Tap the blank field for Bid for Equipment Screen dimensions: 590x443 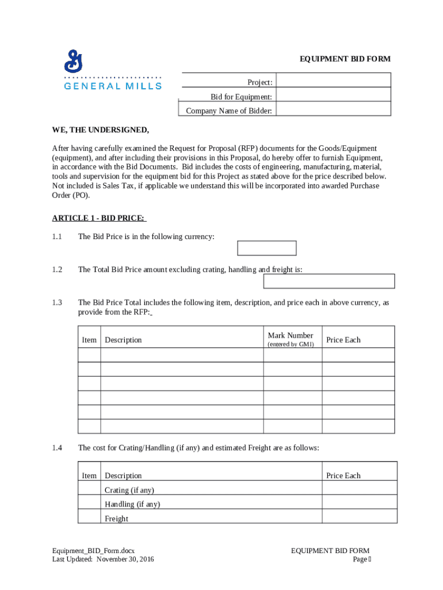coord(333,95)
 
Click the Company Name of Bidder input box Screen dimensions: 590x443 coord(333,109)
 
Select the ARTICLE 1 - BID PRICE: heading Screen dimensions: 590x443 coord(99,218)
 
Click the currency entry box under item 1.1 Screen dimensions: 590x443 coord(267,248)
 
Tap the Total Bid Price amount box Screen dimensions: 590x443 coord(329,281)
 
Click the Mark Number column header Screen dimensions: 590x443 coord(291,335)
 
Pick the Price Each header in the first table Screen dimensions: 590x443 coord(343,340)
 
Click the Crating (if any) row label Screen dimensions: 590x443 coord(129,490)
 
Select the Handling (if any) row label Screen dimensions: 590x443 coord(132,504)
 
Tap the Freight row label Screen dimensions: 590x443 coord(116,519)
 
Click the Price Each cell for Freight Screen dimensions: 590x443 coord(359,516)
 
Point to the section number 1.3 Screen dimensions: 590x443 coord(57,302)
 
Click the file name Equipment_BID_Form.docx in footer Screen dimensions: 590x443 coord(93,551)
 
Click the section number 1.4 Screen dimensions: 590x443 coord(57,448)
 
